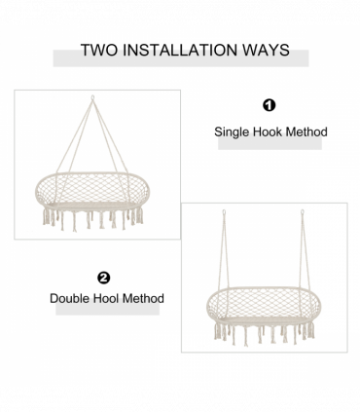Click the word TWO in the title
point(99,50)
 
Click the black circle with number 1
point(269,105)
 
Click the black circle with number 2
point(103,278)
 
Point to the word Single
point(232,132)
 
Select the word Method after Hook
point(306,131)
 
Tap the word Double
point(70,298)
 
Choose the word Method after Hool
point(143,298)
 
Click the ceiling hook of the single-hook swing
point(92,97)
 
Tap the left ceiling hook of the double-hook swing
point(224,212)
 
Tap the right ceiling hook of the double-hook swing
point(302,212)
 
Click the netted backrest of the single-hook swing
point(92,188)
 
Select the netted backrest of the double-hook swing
point(263,303)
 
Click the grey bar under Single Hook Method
point(270,143)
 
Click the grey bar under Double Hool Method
point(107,309)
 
